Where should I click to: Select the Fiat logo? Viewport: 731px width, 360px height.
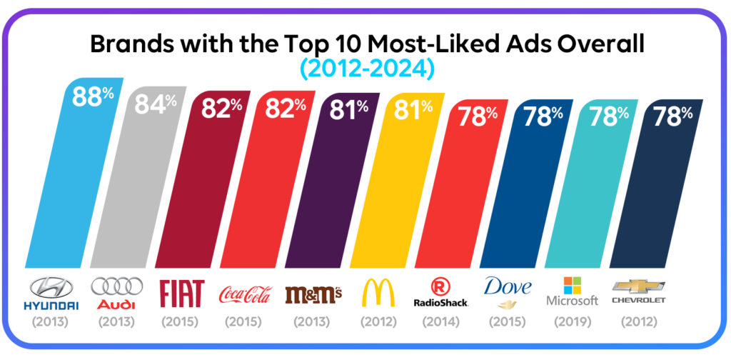181,293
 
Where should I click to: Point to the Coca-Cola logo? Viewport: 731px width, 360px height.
245,294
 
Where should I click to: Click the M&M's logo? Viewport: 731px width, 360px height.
313,294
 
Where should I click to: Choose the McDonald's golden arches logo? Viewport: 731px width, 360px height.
378,293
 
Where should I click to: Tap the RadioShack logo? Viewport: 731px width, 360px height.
441,294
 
